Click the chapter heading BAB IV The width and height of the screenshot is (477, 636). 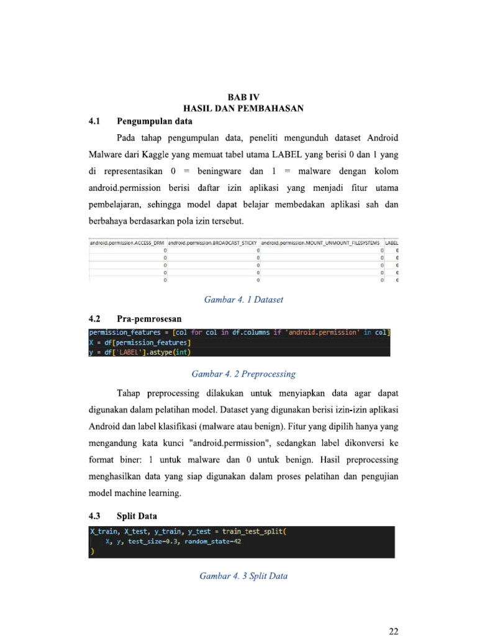tap(243, 98)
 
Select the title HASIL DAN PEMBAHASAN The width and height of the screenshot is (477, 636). tap(243, 109)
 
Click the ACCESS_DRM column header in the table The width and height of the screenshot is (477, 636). tap(129, 242)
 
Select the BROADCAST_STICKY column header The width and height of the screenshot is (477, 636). tap(212, 242)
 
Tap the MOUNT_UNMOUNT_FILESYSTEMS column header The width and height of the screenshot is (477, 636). tap(320, 242)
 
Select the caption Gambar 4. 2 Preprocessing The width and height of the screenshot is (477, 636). tap(243, 374)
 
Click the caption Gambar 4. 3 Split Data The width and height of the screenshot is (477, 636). tap(243, 576)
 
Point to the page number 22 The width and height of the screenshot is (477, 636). tap(393, 632)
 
